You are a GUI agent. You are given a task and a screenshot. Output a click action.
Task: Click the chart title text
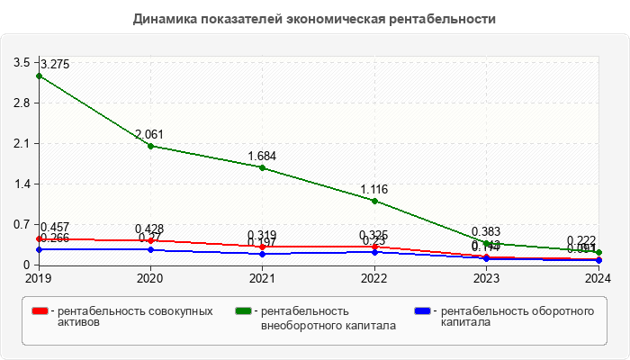point(314,18)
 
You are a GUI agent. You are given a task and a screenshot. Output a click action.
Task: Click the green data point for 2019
point(38,76)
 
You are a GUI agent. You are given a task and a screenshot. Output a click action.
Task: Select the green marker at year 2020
point(150,146)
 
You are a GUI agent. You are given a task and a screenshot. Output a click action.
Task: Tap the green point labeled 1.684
point(262,167)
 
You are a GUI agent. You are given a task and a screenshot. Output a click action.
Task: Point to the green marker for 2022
point(374,201)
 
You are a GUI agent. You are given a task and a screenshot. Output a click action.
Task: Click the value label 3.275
point(54,64)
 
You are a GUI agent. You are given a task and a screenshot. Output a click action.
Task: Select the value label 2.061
point(150,134)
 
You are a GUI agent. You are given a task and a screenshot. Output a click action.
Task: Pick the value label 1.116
point(374,189)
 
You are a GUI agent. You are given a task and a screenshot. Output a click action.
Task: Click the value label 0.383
point(486,231)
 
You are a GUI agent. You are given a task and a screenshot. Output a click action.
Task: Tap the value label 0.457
point(54,227)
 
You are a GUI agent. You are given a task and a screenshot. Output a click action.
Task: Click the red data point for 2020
point(150,240)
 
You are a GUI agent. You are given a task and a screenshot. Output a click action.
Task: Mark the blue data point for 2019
point(38,249)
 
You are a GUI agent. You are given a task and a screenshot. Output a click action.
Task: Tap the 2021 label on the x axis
point(262,278)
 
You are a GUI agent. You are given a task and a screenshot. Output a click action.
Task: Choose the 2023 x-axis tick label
point(486,278)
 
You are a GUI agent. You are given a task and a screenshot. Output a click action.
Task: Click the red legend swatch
point(40,311)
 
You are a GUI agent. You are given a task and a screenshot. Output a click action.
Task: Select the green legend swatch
point(242,311)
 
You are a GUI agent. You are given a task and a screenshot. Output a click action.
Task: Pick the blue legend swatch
point(422,311)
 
